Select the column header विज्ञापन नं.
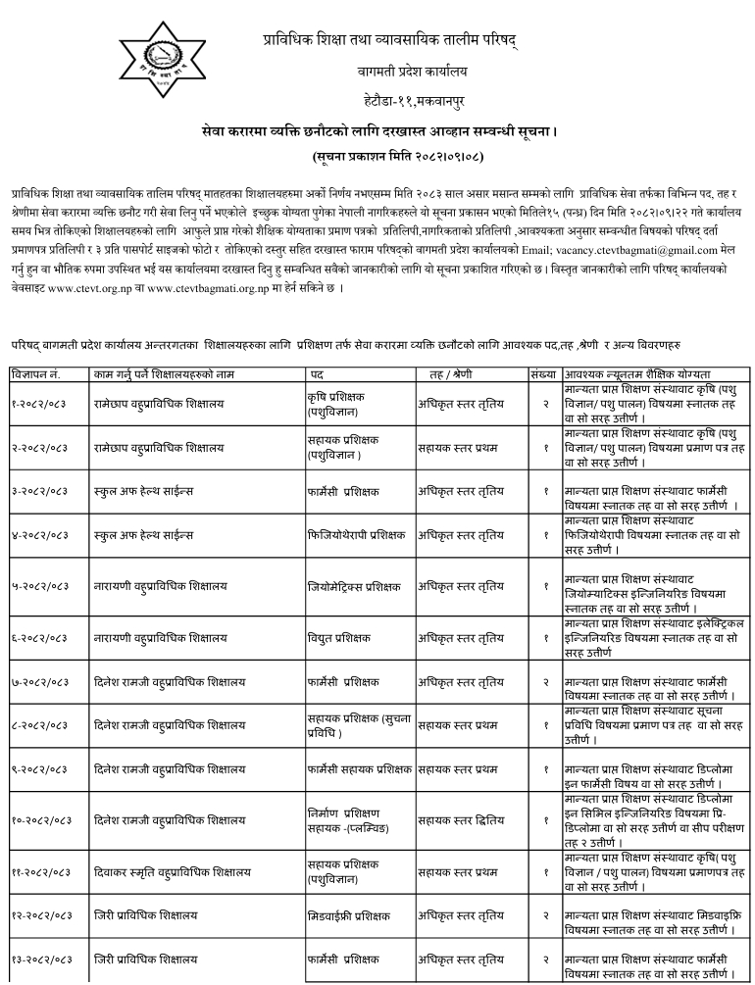pos(36,374)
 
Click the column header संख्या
pos(542,374)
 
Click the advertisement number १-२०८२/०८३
pos(40,403)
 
